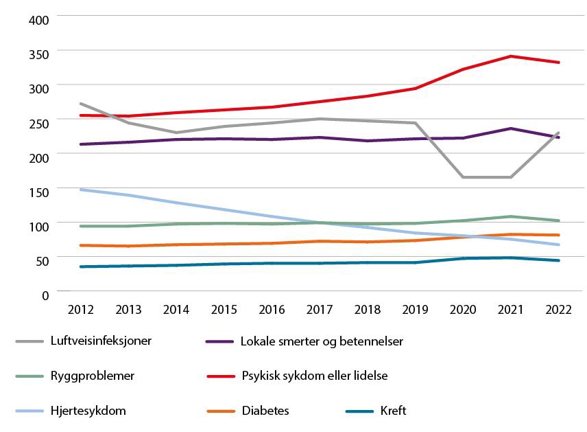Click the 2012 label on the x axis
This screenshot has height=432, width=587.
tap(80, 309)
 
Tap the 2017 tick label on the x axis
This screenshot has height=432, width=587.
tap(320, 309)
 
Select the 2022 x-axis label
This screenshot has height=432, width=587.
tap(559, 309)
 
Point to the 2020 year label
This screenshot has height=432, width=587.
tap(463, 309)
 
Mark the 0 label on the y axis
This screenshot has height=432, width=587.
tap(46, 295)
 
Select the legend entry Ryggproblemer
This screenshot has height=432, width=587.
tap(92, 376)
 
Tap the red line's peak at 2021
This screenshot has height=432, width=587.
tap(511, 56)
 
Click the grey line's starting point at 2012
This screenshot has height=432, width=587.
tap(80, 104)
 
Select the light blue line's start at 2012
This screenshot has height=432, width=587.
tap(80, 190)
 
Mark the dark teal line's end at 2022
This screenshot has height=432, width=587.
tap(559, 260)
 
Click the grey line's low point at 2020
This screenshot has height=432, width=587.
tap(463, 177)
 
